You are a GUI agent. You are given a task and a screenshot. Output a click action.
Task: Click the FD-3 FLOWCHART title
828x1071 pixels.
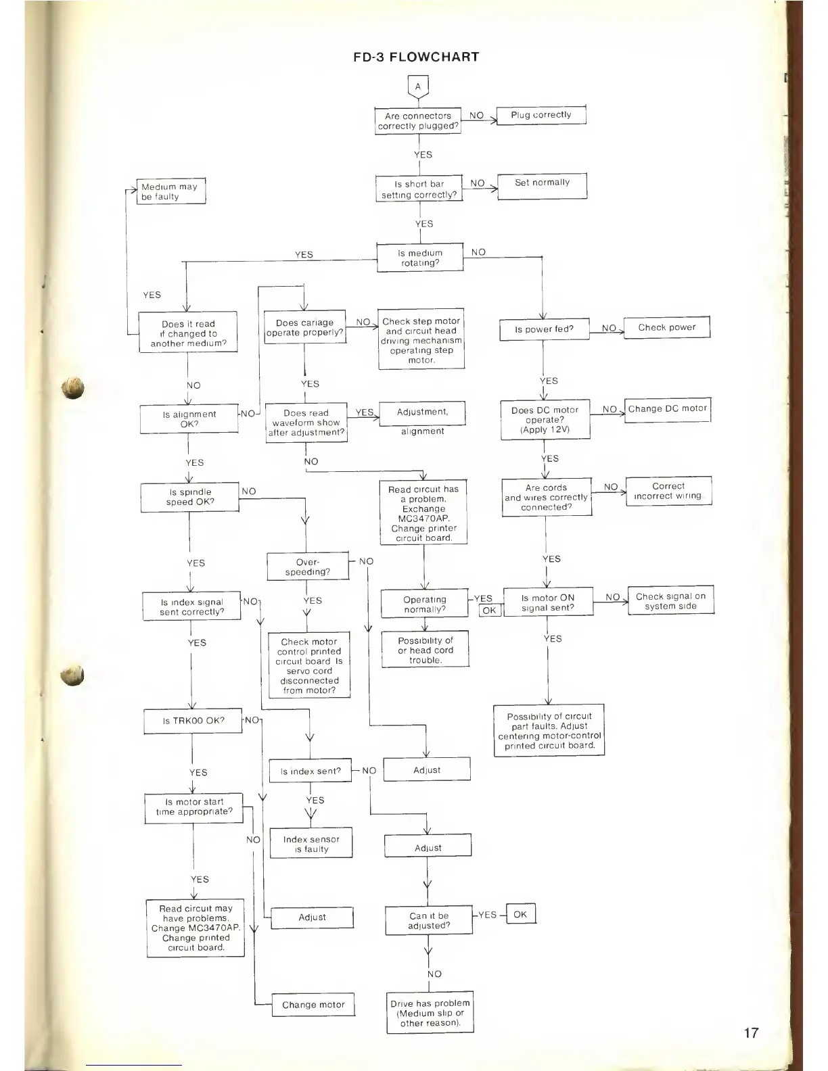click(x=416, y=57)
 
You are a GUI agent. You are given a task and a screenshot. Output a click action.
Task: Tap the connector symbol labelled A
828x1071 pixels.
click(x=418, y=87)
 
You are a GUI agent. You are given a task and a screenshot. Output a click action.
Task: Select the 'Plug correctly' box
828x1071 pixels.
click(x=541, y=116)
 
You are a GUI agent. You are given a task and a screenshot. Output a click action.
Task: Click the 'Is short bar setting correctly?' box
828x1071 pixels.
click(x=419, y=189)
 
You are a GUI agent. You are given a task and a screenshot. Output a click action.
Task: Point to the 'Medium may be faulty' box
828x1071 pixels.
click(x=170, y=191)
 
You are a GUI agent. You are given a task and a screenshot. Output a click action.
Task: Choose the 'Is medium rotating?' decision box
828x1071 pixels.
click(x=420, y=258)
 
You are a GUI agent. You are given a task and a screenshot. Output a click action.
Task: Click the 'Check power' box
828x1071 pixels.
click(x=666, y=328)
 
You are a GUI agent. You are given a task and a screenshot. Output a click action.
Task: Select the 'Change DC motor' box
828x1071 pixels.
click(x=667, y=410)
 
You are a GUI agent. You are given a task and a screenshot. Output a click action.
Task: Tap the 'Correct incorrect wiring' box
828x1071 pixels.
click(x=668, y=492)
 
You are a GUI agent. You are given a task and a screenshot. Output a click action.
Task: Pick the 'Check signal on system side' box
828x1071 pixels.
click(x=670, y=601)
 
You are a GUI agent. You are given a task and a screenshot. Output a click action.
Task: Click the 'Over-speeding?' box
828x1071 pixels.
click(x=308, y=567)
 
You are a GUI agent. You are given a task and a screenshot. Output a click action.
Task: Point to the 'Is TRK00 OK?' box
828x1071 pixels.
click(x=193, y=721)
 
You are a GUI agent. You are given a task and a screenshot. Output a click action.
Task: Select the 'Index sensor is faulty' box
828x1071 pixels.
click(x=311, y=844)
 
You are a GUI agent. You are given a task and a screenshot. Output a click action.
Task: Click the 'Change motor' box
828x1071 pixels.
click(x=313, y=1005)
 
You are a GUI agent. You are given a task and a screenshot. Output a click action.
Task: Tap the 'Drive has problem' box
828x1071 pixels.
click(x=430, y=1014)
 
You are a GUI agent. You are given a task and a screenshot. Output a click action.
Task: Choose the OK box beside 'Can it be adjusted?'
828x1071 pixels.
click(x=520, y=915)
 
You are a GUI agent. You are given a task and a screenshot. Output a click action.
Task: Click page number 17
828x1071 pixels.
click(x=751, y=1032)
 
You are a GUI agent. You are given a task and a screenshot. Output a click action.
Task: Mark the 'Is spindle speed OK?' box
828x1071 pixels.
click(x=190, y=498)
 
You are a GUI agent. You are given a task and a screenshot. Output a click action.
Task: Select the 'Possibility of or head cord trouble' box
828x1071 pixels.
click(x=425, y=650)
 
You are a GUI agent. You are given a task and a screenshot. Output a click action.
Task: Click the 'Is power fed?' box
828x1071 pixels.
click(x=544, y=330)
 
